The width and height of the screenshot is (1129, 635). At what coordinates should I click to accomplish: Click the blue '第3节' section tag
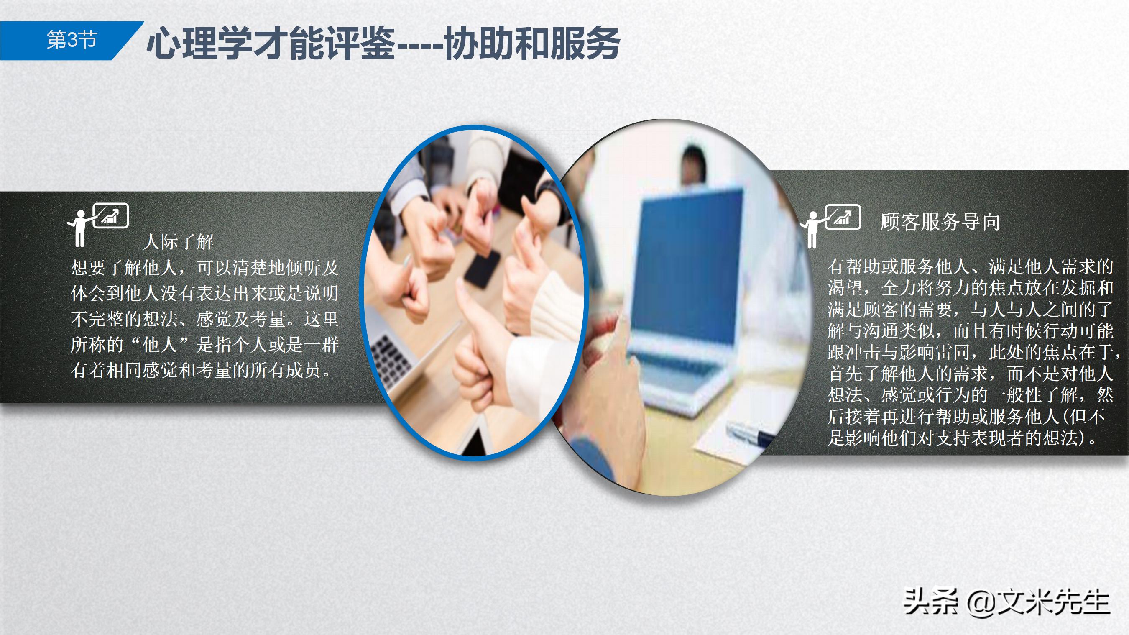72,40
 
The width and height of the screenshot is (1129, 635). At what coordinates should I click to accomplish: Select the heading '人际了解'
179,242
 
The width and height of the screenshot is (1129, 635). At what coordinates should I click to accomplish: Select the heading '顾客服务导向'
940,222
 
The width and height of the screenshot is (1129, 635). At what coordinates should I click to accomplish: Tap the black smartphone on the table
482,269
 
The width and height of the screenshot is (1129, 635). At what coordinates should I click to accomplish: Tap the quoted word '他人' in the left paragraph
160,345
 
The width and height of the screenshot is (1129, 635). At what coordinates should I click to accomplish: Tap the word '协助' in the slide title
480,43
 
